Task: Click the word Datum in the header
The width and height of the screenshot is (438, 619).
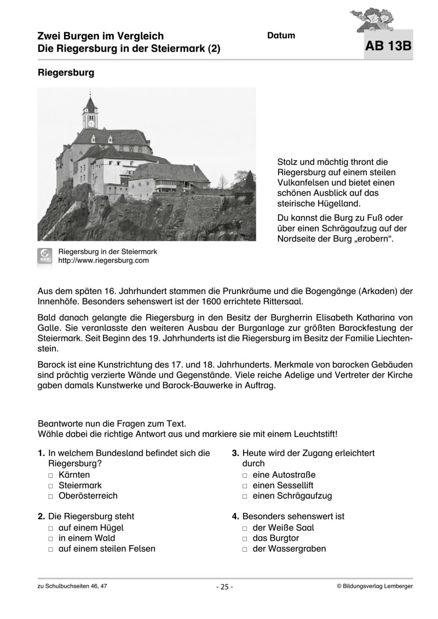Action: pyautogui.click(x=281, y=36)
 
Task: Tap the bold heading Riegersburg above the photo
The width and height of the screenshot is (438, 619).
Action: pyautogui.click(x=66, y=72)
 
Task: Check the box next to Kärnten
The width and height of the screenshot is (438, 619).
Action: pyautogui.click(x=50, y=475)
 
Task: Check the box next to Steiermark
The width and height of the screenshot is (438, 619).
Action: pyautogui.click(x=50, y=486)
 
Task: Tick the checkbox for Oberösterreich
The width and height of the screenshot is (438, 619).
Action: pyautogui.click(x=50, y=496)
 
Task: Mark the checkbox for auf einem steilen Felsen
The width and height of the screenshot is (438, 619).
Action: pyautogui.click(x=50, y=549)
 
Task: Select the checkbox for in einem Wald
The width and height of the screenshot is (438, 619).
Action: pyautogui.click(x=50, y=539)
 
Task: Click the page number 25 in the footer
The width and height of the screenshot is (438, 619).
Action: pyautogui.click(x=224, y=587)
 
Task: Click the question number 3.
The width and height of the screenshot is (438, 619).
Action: pyautogui.click(x=235, y=453)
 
